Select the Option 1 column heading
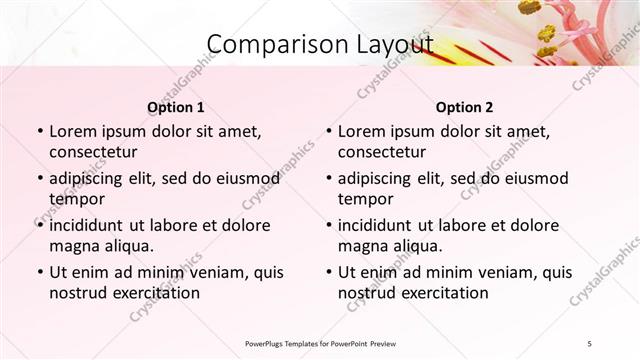pos(176,107)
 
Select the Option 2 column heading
pos(465,107)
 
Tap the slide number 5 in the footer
pos(589,343)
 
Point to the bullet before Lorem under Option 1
pos(39,132)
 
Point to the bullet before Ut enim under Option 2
pos(328,272)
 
